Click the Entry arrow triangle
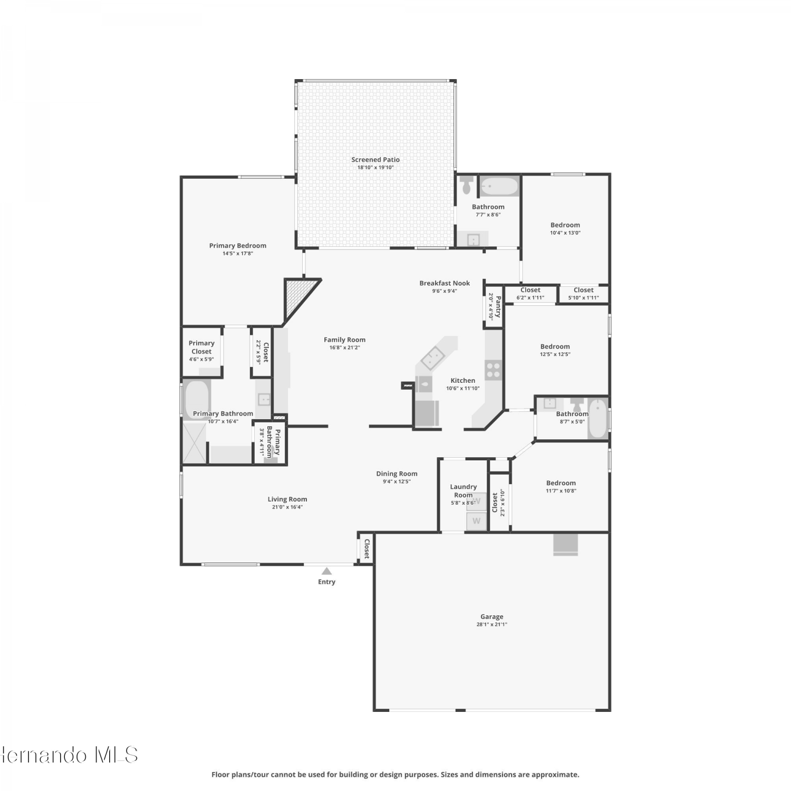[327, 571]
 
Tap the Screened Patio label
[375, 159]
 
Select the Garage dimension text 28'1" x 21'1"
[492, 624]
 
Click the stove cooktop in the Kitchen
[493, 370]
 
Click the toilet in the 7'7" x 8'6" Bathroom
[467, 185]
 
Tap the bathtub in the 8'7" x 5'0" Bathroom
[598, 419]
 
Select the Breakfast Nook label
[445, 283]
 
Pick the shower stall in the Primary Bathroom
[194, 443]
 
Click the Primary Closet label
[201, 347]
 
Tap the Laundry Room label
[464, 491]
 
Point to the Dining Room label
[397, 474]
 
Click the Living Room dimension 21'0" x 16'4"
[287, 507]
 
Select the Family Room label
[344, 340]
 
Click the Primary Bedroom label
[238, 245]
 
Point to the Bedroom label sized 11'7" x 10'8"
[561, 483]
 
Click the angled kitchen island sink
[431, 359]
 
